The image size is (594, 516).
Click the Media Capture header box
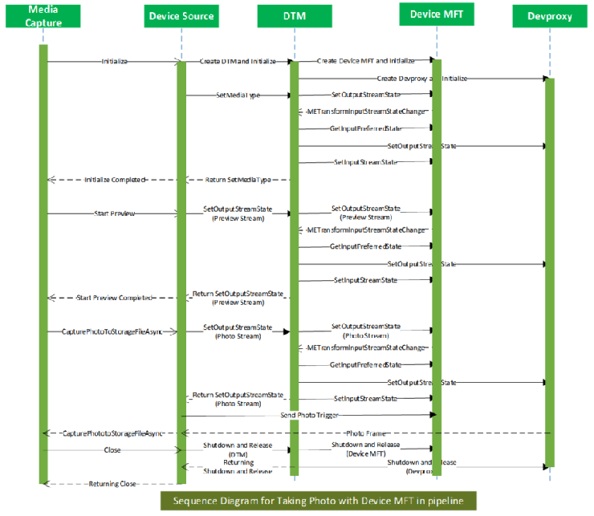click(x=44, y=16)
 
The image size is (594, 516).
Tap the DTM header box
click(x=294, y=16)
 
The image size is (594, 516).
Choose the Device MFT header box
click(x=436, y=14)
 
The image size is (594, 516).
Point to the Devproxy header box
click(x=549, y=16)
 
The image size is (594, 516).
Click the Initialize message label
click(x=115, y=61)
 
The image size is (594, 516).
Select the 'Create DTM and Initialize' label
click(x=238, y=61)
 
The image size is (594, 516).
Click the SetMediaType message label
click(x=238, y=95)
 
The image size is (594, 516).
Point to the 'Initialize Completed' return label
click(x=115, y=180)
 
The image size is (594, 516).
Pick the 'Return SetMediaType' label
click(x=238, y=180)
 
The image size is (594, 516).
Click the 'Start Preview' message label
click(x=115, y=213)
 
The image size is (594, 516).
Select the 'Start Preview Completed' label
click(x=115, y=298)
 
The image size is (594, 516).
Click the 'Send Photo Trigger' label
click(x=309, y=415)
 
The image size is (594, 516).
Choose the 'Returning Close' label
click(x=113, y=484)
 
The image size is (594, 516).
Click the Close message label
click(x=113, y=450)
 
